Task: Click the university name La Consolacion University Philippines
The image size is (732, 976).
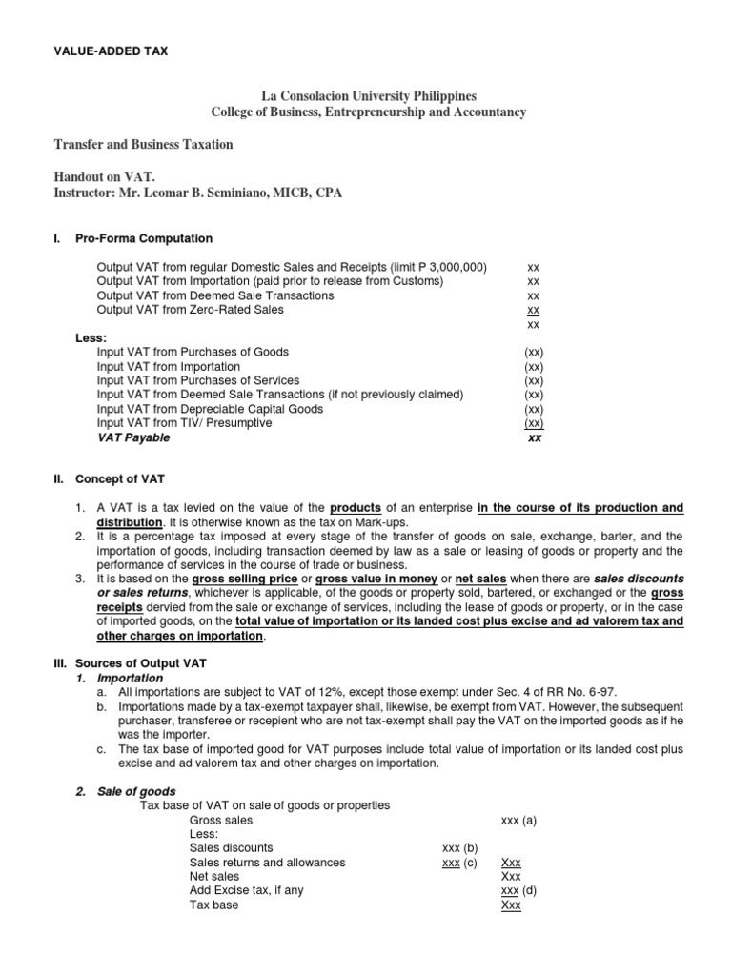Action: pos(368,97)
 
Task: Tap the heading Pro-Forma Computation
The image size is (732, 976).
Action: pos(144,238)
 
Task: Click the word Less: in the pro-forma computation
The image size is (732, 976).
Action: pos(91,337)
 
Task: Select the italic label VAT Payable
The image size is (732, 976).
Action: pos(133,437)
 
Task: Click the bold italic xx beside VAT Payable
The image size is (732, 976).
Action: pos(534,437)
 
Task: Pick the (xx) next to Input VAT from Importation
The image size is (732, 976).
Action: pos(534,366)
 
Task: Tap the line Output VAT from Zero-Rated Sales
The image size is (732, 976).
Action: pos(190,310)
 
